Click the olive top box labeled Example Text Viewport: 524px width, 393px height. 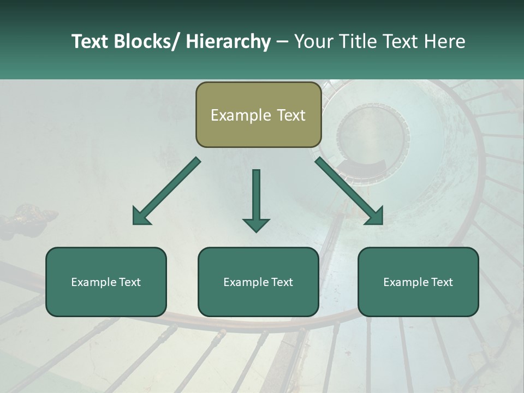(258, 115)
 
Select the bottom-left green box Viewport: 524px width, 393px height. (106, 282)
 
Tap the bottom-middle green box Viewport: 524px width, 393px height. (258, 282)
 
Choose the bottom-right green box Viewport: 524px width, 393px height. (418, 282)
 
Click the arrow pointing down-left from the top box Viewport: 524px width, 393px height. (166, 191)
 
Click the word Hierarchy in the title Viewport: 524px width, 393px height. (228, 41)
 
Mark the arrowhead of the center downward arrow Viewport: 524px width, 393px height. (256, 224)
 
